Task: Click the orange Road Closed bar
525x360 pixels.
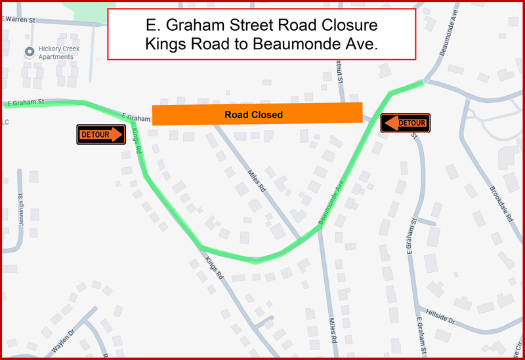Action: tap(257, 114)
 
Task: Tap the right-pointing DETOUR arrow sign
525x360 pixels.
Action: tap(101, 134)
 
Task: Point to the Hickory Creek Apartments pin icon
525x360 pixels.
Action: tap(29, 51)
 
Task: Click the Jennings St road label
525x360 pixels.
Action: tap(20, 209)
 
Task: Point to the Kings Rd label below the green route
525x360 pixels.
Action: tap(215, 268)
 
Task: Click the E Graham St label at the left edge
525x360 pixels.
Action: tap(23, 102)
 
